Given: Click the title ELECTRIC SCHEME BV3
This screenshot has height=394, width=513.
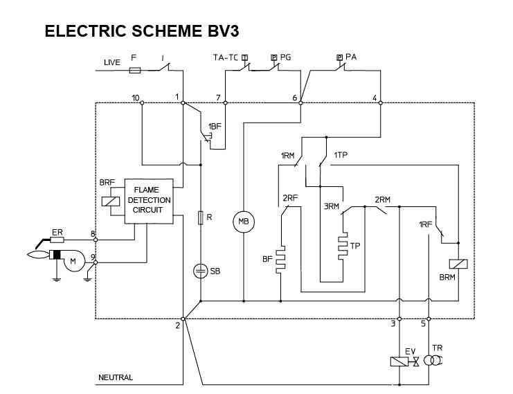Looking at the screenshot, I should (x=143, y=32).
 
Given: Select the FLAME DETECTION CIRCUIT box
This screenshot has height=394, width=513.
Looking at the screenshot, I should (x=147, y=201).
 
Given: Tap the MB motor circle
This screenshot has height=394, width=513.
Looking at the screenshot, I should (x=243, y=221).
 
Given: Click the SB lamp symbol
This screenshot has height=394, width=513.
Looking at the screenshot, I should (x=201, y=271).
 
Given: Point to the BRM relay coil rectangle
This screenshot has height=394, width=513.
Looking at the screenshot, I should (x=456, y=265).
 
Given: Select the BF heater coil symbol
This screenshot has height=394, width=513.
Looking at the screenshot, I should (x=281, y=259).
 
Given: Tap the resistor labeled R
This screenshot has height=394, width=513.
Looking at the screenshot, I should (x=201, y=219).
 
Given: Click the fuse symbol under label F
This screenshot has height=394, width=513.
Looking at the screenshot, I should (x=136, y=71).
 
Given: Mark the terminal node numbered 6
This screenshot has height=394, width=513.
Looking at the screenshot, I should (x=300, y=103).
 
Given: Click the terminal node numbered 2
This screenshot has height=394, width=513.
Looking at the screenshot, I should (x=183, y=319).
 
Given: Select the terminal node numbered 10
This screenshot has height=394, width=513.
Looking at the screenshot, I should (x=141, y=103).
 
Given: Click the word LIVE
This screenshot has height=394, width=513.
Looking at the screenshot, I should (x=111, y=62).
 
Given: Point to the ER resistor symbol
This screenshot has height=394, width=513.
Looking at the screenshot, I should (x=57, y=240).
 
